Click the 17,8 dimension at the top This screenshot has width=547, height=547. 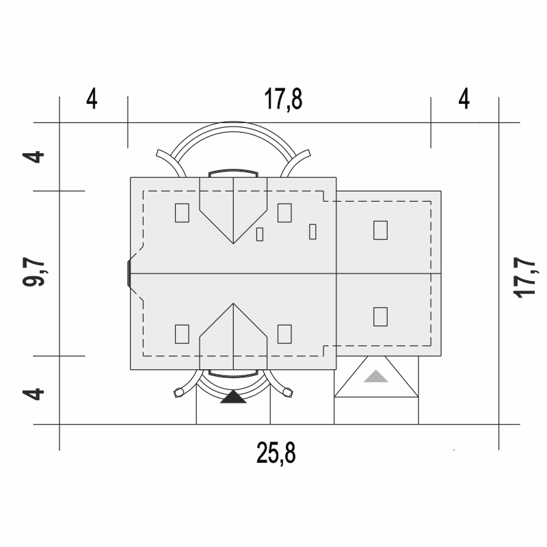(283, 100)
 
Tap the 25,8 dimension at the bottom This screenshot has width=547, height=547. (276, 453)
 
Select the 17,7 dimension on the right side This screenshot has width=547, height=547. (524, 278)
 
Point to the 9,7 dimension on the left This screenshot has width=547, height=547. (34, 272)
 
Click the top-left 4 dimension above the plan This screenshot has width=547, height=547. (92, 99)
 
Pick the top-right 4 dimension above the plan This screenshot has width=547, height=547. (464, 99)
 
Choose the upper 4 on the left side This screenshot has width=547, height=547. (33, 157)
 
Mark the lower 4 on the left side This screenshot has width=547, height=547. (33, 395)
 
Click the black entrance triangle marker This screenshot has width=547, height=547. (233, 397)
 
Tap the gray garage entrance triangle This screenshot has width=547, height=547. (375, 377)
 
